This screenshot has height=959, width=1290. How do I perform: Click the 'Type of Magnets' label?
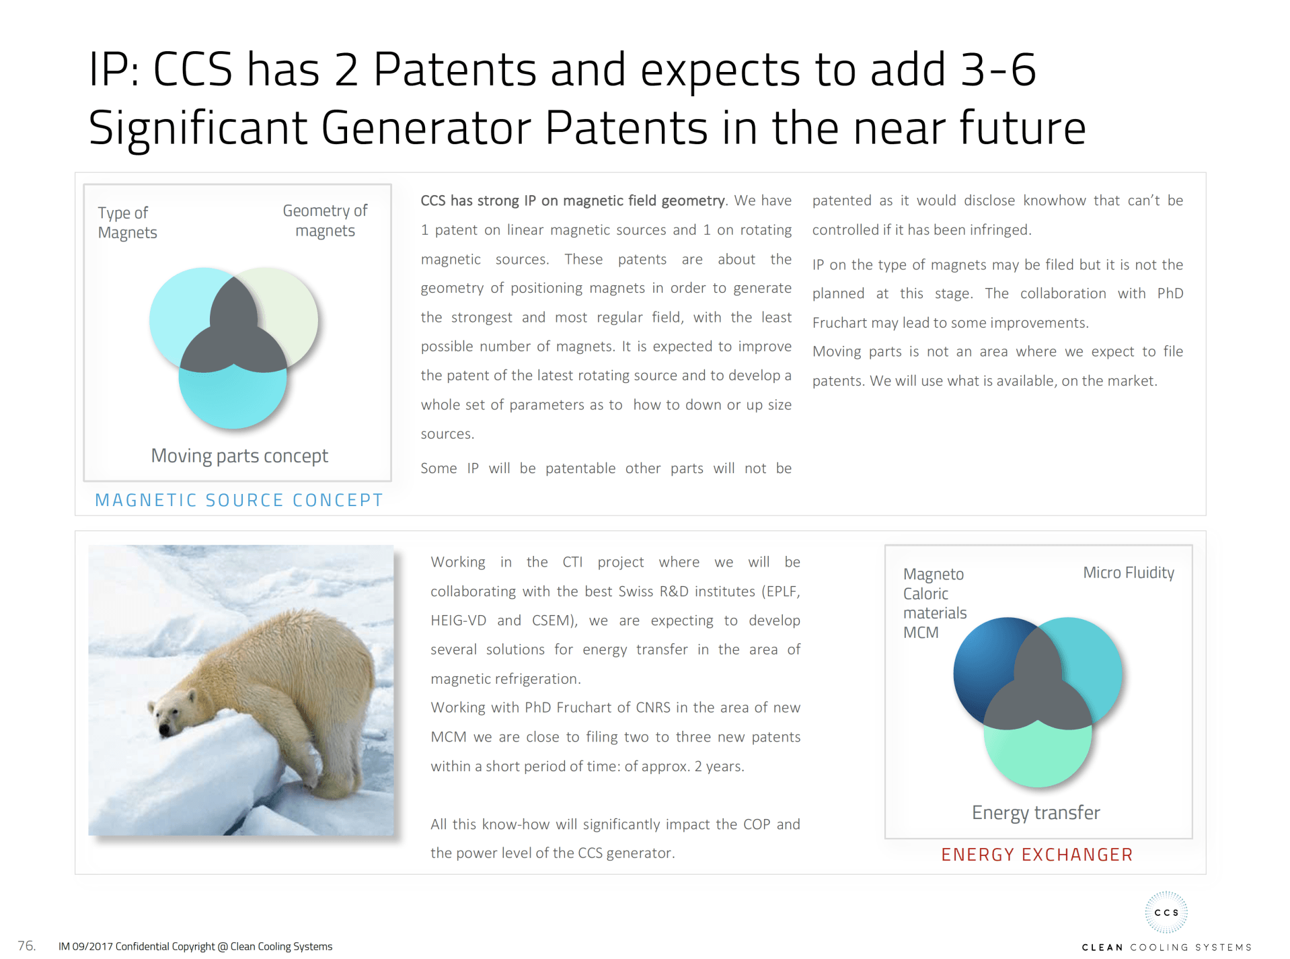click(x=127, y=223)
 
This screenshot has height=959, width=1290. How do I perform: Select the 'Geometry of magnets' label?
click(x=325, y=221)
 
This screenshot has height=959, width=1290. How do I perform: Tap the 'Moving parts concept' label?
click(x=239, y=456)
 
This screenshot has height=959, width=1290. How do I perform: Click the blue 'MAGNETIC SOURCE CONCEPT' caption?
click(x=239, y=500)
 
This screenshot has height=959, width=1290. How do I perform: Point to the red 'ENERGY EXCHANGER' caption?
click(x=1036, y=855)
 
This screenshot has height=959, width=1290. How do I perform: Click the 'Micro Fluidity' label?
click(x=1129, y=573)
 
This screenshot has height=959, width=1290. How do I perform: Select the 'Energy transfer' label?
click(x=1036, y=813)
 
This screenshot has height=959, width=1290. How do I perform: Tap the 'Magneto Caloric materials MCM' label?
click(x=934, y=603)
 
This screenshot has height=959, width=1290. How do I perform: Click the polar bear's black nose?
click(x=165, y=729)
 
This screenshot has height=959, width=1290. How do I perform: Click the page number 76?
click(x=26, y=946)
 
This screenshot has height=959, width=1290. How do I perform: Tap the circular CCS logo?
click(x=1166, y=913)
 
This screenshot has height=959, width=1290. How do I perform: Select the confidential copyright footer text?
click(x=195, y=946)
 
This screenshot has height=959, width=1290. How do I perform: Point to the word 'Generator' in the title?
click(x=426, y=128)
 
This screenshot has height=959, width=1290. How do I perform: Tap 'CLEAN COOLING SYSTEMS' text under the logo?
click(x=1166, y=947)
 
